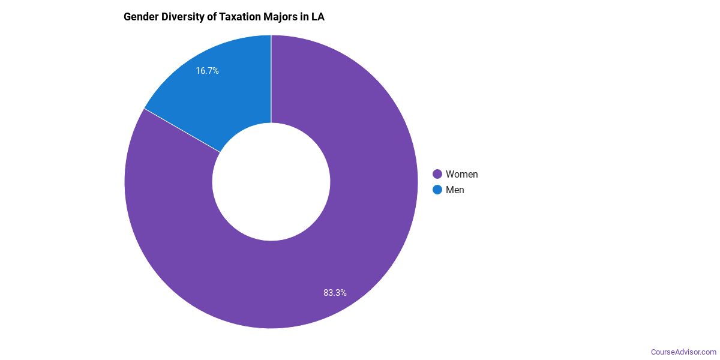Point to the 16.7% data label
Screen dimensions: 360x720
coord(207,71)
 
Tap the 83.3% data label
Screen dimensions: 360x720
coord(335,293)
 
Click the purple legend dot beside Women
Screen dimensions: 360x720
coord(437,175)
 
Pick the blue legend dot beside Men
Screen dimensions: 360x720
coord(437,190)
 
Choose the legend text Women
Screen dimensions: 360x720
coord(461,175)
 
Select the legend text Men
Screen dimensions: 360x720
coord(455,190)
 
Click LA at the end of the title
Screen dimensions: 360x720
coord(318,17)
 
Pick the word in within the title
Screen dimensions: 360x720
coord(305,17)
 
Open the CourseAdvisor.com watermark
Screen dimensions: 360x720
coord(683,352)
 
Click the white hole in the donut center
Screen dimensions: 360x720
coord(271,182)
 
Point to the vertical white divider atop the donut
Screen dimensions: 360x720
coord(271,78)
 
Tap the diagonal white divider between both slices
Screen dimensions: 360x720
coord(182,130)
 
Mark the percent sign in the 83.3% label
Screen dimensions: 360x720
coord(343,293)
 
